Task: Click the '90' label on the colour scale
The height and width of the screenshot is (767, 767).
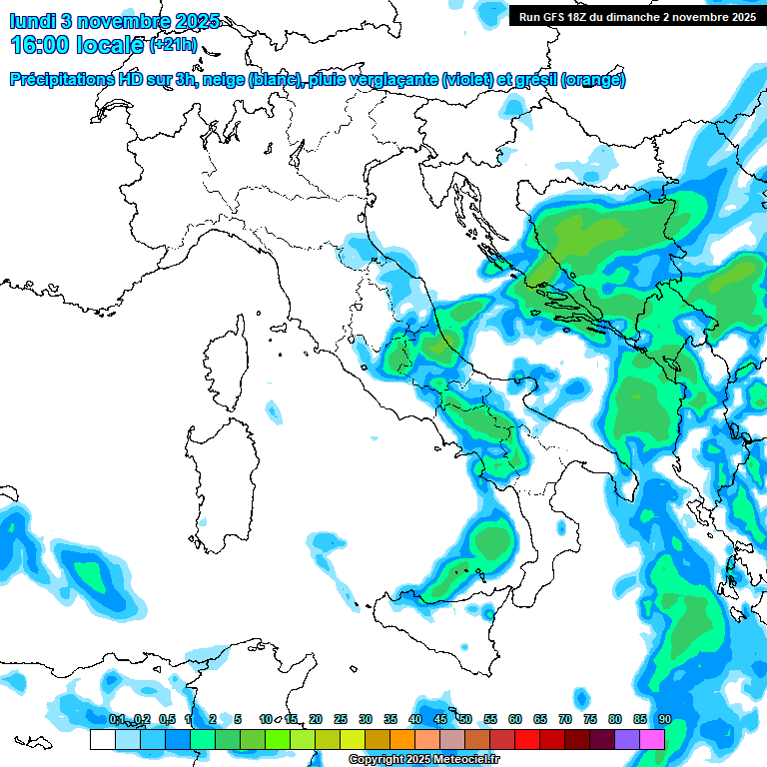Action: (x=664, y=719)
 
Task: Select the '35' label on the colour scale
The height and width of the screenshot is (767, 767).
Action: (x=390, y=719)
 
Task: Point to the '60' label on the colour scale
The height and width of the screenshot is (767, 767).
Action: (x=515, y=719)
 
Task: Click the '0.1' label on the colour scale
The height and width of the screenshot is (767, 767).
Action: (x=116, y=719)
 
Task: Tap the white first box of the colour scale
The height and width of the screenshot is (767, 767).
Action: (x=102, y=740)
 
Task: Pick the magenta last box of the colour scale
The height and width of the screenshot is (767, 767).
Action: (x=652, y=740)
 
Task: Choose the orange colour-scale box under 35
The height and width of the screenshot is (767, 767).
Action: (x=402, y=740)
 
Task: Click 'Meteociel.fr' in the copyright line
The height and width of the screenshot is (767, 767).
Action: (x=470, y=760)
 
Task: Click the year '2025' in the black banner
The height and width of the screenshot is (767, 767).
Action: (x=738, y=17)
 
